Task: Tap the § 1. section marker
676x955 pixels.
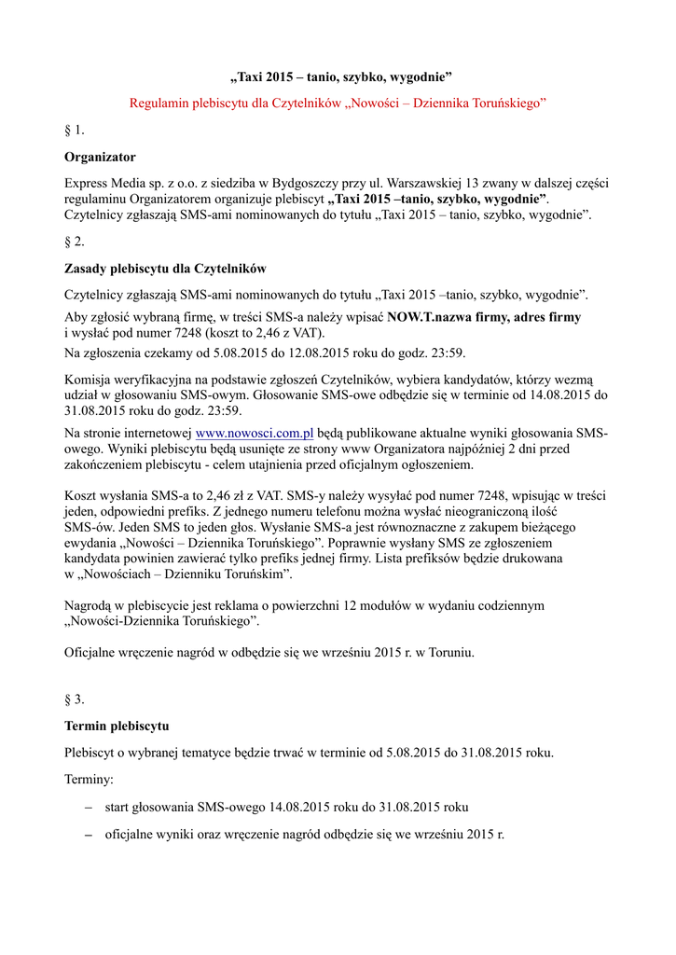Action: (x=75, y=130)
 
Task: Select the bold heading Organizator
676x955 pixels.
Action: (x=100, y=157)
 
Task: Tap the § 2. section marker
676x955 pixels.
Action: (x=75, y=242)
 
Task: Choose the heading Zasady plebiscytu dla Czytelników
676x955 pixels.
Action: (x=164, y=269)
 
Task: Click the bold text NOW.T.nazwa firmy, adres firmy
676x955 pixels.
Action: (x=483, y=317)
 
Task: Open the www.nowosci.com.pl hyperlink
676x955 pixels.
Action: (x=254, y=434)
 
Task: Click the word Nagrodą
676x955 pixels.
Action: (x=90, y=606)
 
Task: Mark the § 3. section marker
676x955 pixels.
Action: (x=75, y=699)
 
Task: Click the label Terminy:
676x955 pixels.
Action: (x=89, y=779)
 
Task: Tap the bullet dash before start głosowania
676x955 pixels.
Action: (x=89, y=807)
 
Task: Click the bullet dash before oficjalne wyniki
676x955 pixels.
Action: (x=89, y=835)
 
